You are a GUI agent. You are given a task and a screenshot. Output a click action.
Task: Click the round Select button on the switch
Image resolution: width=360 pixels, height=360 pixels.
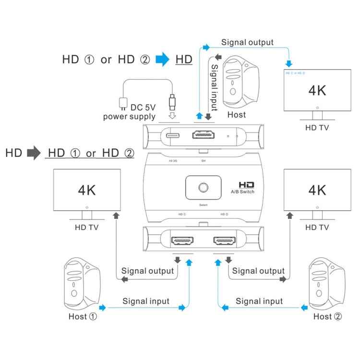pos(202,187)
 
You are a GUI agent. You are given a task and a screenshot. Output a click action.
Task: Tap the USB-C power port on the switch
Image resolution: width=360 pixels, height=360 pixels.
pos(173,135)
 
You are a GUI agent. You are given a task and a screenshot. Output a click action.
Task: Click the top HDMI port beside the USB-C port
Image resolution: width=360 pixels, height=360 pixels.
pos(204,135)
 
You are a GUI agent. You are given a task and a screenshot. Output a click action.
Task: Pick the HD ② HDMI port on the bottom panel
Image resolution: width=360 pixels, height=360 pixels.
pos(225,240)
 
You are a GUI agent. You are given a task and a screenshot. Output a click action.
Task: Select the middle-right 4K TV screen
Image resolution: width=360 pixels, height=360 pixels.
pos(317,190)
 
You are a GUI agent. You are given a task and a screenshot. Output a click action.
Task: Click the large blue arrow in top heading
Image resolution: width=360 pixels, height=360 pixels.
pos(163,60)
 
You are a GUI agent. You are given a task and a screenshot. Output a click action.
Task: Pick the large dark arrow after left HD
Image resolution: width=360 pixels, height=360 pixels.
pos(34,154)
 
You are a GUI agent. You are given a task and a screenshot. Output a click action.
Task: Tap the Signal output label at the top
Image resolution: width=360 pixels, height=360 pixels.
pos(247,42)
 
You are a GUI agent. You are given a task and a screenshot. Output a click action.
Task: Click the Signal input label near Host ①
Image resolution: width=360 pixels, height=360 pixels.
pos(146,301)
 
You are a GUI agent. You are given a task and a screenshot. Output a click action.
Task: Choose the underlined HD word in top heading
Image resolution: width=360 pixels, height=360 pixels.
pos(184,60)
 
